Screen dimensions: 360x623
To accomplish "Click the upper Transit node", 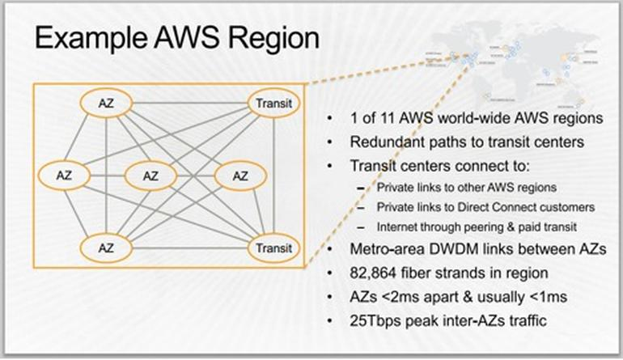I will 274,103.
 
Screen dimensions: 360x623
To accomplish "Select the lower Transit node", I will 274,248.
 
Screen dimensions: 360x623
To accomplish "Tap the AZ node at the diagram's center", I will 151,175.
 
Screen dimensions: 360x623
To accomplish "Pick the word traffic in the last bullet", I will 525,320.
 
